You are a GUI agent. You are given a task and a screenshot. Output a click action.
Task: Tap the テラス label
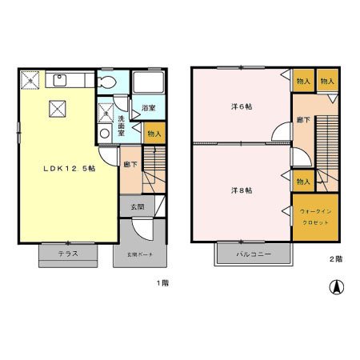(x=68, y=254)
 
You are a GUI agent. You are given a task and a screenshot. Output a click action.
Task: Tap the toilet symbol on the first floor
(x=106, y=82)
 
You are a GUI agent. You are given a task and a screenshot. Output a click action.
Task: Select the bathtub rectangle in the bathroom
(x=148, y=83)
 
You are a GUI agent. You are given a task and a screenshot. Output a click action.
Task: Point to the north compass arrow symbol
(x=338, y=286)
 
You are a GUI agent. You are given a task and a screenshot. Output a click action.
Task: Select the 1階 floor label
(x=162, y=282)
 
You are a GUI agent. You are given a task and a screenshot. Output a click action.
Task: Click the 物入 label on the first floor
(x=154, y=134)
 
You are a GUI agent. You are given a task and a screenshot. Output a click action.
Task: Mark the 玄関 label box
(x=137, y=207)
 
